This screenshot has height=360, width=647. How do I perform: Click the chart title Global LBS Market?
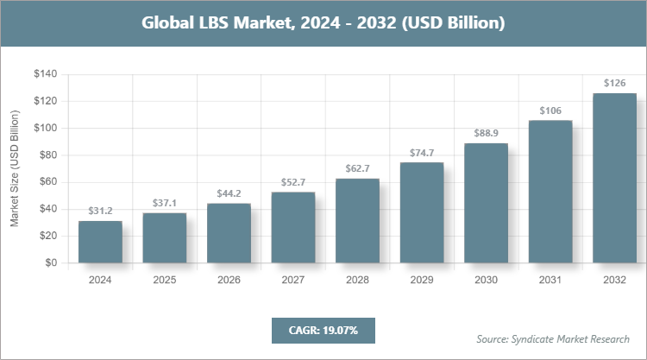323,23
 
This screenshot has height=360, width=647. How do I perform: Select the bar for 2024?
100,242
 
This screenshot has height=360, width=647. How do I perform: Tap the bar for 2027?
293,227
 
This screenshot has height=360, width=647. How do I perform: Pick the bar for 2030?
487,203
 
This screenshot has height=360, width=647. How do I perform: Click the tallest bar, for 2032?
615,178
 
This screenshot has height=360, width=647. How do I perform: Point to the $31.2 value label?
100,211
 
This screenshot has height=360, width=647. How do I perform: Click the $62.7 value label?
357,168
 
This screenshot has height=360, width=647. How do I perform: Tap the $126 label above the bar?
615,84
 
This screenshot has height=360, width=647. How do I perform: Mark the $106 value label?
550,111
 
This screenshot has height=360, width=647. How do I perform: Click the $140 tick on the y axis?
45,74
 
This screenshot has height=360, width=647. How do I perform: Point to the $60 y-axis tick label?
47,182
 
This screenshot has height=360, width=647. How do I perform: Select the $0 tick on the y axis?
51,262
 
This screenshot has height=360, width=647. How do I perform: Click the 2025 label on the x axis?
164,280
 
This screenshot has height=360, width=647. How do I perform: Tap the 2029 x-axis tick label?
422,280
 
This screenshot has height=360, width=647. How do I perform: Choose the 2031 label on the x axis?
550,280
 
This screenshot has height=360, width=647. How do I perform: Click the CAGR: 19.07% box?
323,330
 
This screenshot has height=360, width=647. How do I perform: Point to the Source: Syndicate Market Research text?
552,338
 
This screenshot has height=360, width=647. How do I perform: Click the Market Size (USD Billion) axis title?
15,168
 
